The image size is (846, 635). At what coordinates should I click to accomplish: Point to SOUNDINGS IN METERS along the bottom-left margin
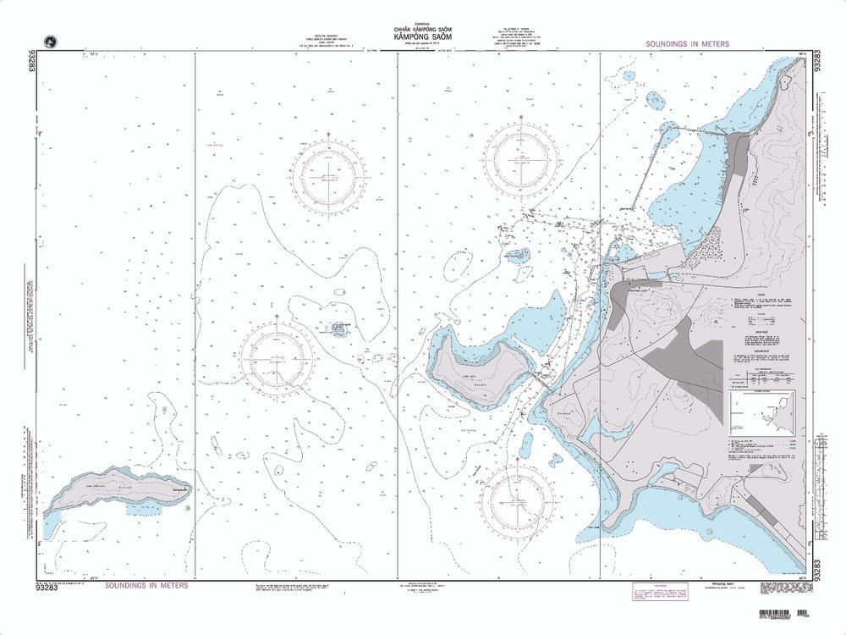coord(147,585)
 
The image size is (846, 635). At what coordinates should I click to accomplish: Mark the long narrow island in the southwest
coord(118,491)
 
